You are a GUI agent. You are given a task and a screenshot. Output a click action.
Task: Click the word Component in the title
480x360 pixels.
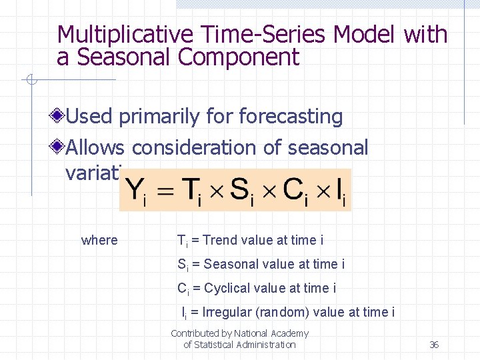coord(239,58)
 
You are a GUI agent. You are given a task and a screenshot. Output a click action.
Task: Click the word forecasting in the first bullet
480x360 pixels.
coord(291,117)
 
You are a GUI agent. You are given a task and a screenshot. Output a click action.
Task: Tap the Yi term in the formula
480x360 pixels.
coord(136,191)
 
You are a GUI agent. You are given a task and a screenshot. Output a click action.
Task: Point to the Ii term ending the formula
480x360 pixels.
coord(341,191)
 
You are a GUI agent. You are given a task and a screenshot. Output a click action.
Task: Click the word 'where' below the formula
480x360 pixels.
coord(99,240)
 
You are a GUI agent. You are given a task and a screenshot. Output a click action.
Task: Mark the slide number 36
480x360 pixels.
coord(434,345)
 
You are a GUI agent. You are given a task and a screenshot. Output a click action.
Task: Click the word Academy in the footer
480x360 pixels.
coord(289,333)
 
